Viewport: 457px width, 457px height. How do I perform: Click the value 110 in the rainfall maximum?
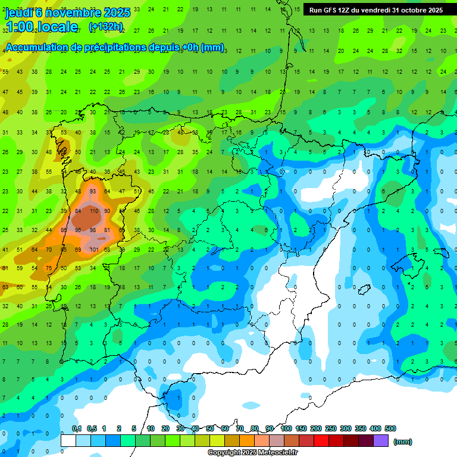[x=93, y=211]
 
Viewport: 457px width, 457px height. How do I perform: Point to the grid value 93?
[x=93, y=192]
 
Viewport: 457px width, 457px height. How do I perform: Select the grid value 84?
[x=79, y=211]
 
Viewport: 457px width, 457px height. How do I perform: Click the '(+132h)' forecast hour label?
[x=106, y=27]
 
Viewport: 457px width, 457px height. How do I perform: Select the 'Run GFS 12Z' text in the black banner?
[x=331, y=10]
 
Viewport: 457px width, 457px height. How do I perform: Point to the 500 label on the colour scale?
[x=390, y=428]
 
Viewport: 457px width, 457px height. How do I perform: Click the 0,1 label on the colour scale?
[x=76, y=428]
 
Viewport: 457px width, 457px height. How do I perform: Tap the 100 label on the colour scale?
[x=286, y=428]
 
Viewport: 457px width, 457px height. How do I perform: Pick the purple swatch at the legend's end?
[x=381, y=440]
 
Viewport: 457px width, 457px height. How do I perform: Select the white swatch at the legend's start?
[x=68, y=440]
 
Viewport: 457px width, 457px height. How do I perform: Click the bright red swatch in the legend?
[x=321, y=440]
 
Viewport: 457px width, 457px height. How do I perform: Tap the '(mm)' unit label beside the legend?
[x=403, y=442]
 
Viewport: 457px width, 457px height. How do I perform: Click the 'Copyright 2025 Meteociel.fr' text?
[x=253, y=453]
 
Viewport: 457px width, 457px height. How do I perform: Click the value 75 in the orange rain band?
[x=49, y=268]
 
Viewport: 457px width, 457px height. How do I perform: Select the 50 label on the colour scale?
[x=210, y=428]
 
